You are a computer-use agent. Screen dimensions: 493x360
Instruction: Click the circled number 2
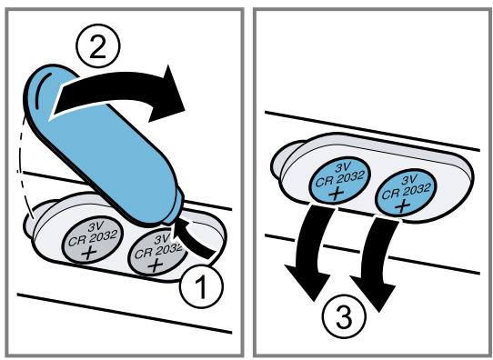[98, 46]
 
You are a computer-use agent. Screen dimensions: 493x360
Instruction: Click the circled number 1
[202, 286]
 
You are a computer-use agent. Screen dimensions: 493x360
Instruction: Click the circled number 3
[345, 316]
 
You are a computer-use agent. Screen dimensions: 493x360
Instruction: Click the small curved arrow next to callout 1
[195, 237]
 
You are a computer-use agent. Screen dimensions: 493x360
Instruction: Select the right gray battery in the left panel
[157, 252]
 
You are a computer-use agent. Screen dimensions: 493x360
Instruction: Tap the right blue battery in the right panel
[407, 195]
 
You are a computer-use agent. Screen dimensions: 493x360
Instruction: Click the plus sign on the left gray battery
[89, 252]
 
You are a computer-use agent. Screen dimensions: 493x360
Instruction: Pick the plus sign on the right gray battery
[155, 265]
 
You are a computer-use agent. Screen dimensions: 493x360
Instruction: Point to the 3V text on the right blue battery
[410, 180]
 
